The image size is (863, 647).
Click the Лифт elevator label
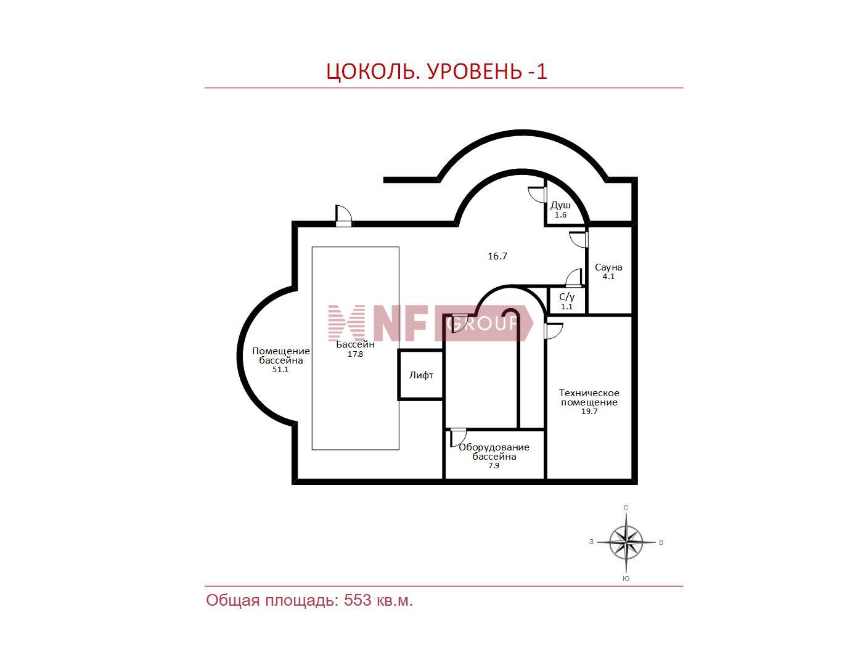click(421, 375)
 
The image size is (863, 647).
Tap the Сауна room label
click(608, 267)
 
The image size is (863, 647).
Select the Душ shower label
click(560, 205)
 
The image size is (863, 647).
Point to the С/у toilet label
click(566, 297)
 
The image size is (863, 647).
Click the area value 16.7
click(497, 256)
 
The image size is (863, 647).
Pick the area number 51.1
click(280, 370)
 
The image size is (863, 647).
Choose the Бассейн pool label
click(355, 344)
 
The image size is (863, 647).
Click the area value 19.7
click(589, 411)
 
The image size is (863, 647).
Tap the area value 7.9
click(494, 465)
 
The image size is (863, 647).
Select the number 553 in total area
click(358, 600)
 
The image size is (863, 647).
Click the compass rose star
click(626, 542)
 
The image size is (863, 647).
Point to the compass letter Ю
click(626, 579)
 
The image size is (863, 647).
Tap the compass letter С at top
click(626, 508)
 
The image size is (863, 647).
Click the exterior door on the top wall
click(343, 216)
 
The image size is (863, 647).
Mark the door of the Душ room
click(538, 194)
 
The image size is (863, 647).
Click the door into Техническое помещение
click(554, 331)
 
